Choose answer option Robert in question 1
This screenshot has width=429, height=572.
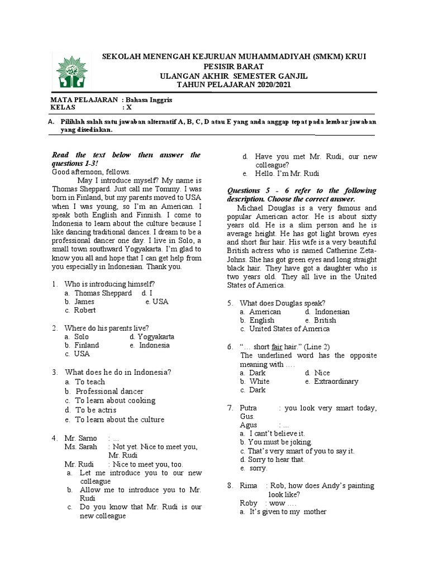point(85,310)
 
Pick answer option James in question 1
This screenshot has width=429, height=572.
point(84,302)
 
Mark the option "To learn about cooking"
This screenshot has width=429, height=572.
point(115,401)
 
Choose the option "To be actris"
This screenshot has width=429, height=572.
point(96,410)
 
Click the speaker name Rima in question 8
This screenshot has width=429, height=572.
point(249,486)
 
